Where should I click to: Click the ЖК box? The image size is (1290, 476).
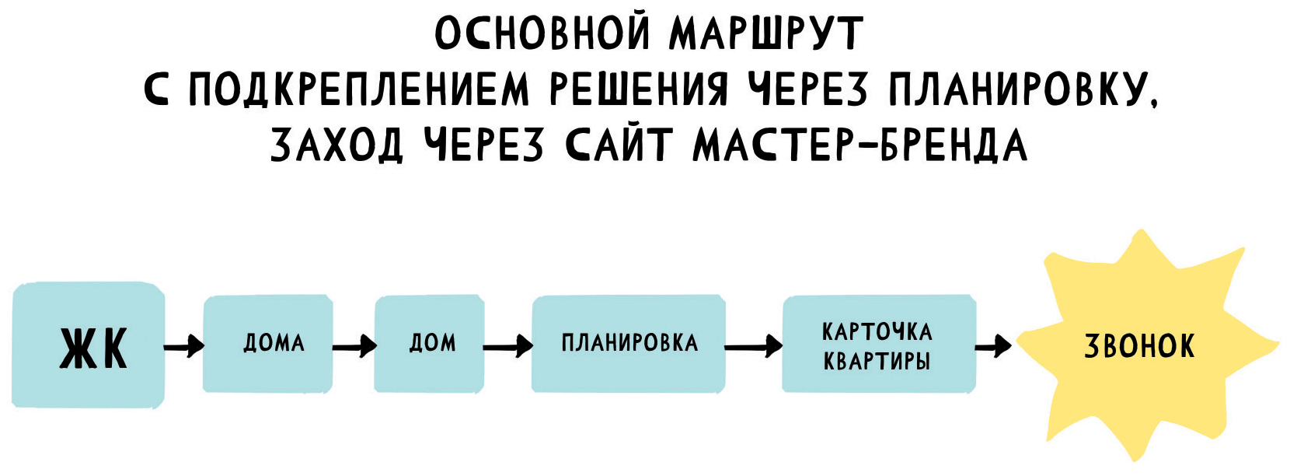(89, 345)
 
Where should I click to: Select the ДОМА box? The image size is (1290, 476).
(268, 343)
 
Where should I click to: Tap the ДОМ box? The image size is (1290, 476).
(429, 343)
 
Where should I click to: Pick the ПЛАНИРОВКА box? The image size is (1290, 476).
(629, 343)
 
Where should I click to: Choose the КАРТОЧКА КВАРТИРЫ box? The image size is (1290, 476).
(878, 343)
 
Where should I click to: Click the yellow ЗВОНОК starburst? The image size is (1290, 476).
(1139, 346)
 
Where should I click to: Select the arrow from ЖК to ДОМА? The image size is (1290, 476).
(184, 345)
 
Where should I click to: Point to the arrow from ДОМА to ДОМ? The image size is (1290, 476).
(354, 345)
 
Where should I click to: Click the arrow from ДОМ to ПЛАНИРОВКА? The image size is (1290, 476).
(508, 345)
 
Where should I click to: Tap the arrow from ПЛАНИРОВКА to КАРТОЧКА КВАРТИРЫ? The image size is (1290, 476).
(754, 345)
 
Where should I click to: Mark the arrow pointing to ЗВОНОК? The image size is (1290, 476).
(994, 345)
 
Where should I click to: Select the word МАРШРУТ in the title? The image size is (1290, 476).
(765, 33)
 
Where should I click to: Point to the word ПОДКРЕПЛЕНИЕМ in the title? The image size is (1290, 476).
(359, 89)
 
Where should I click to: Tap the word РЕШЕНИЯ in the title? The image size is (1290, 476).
(639, 89)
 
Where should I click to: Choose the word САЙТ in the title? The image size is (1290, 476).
(617, 145)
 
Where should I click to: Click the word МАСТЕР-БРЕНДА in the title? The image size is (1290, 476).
(859, 145)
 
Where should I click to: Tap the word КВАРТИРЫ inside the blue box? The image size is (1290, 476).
(877, 362)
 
